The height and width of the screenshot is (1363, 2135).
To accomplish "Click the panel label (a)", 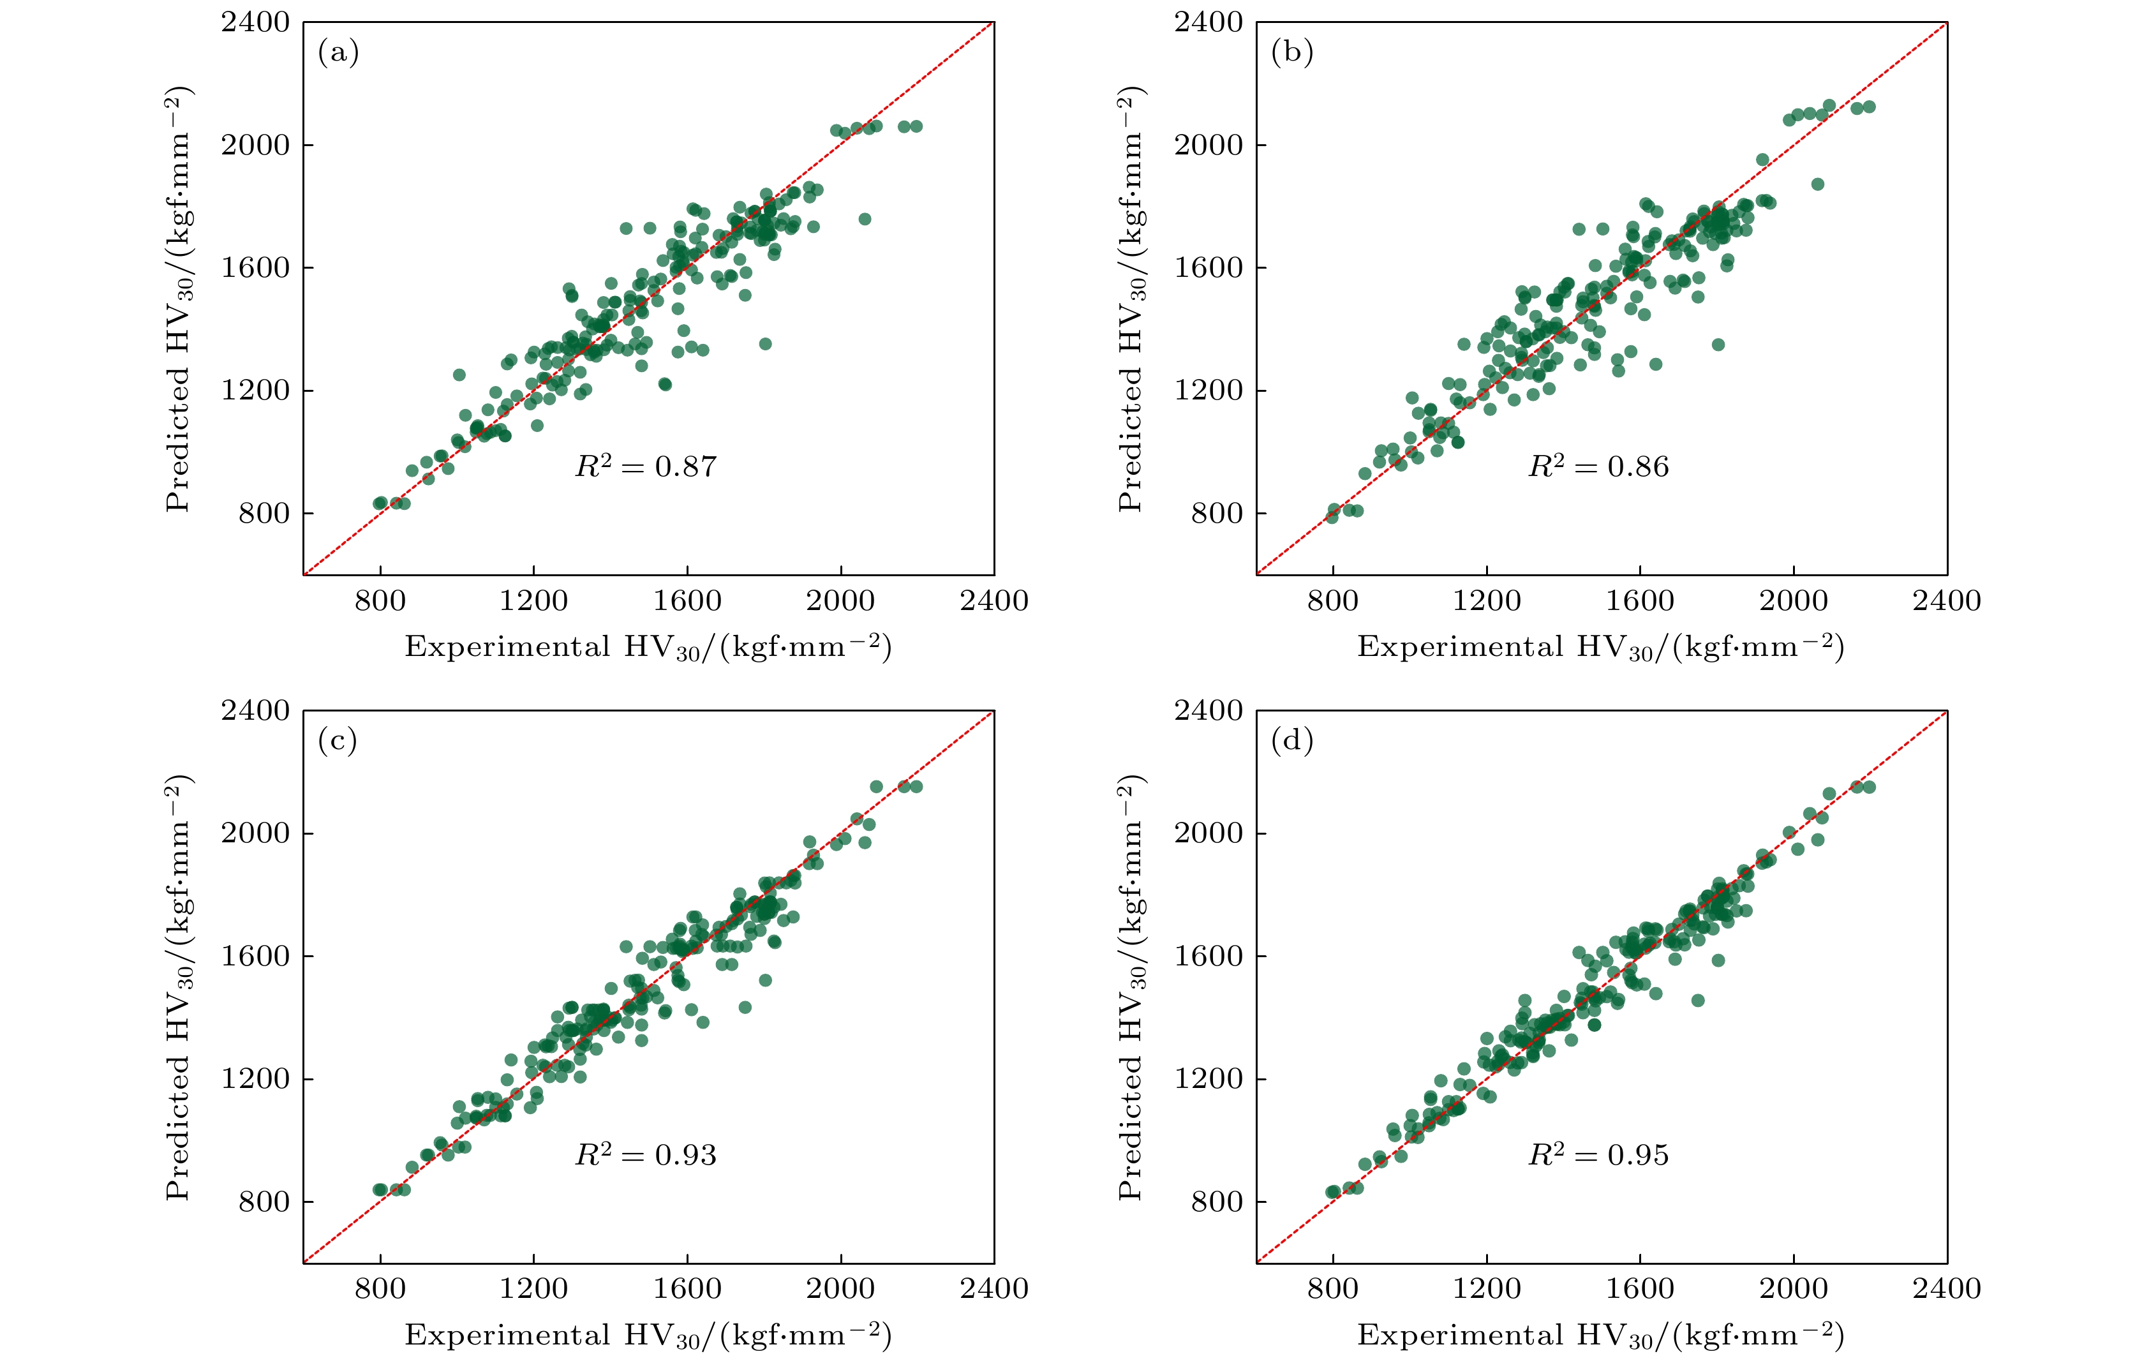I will (x=338, y=53).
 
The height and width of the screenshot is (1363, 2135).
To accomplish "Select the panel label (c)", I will (x=338, y=741).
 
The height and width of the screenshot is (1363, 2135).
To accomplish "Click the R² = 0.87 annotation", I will (x=646, y=466).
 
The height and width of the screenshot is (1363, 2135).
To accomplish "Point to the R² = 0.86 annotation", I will (x=1598, y=466).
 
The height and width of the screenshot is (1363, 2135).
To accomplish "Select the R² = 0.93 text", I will (x=646, y=1154).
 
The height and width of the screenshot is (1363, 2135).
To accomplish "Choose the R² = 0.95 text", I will (x=1598, y=1154).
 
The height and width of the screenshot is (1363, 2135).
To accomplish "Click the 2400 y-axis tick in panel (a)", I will (x=255, y=22).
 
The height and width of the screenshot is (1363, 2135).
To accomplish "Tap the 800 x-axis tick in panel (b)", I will (x=1332, y=601).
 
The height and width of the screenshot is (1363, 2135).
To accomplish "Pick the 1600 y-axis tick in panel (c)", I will (x=255, y=956).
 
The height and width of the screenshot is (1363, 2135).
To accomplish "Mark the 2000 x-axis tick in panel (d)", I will (x=1793, y=1290).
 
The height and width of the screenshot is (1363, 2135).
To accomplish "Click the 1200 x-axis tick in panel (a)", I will (x=533, y=601).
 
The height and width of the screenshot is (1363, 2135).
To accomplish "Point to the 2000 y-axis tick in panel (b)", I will (x=1209, y=145).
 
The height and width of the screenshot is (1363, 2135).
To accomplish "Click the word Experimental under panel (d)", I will (x=1459, y=1335).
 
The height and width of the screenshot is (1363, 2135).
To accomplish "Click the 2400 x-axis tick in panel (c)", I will (x=994, y=1290).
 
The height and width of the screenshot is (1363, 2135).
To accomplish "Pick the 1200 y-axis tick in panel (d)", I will (x=1209, y=1079).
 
